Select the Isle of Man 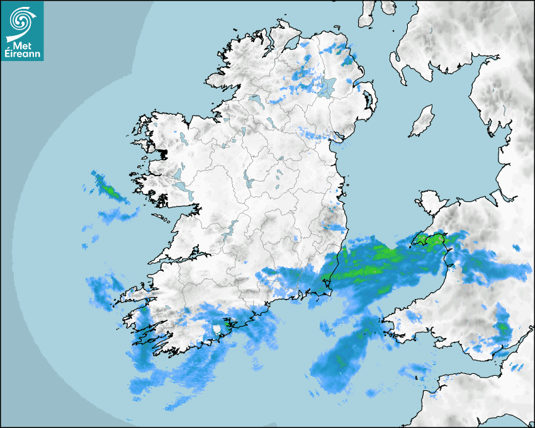[422, 121]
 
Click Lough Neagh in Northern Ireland [327, 87]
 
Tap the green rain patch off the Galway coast [108, 188]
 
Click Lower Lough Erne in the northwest [256, 99]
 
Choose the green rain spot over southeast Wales [502, 327]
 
